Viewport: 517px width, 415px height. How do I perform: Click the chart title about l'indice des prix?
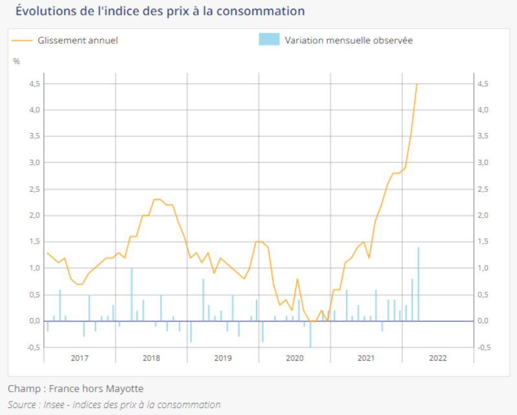coord(160,11)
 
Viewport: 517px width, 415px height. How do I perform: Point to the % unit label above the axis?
coord(16,61)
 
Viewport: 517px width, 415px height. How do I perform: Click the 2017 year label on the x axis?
coord(80,358)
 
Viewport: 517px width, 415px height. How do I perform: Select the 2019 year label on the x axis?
coord(223,358)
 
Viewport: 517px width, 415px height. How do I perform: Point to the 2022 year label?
coord(438,358)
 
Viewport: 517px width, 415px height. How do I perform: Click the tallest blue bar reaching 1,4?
coord(418,284)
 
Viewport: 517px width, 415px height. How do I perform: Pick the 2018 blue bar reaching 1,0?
coord(131,295)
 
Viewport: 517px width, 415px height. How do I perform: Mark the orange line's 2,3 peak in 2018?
coord(157,200)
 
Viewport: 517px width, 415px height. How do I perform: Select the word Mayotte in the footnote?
coord(124,388)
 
